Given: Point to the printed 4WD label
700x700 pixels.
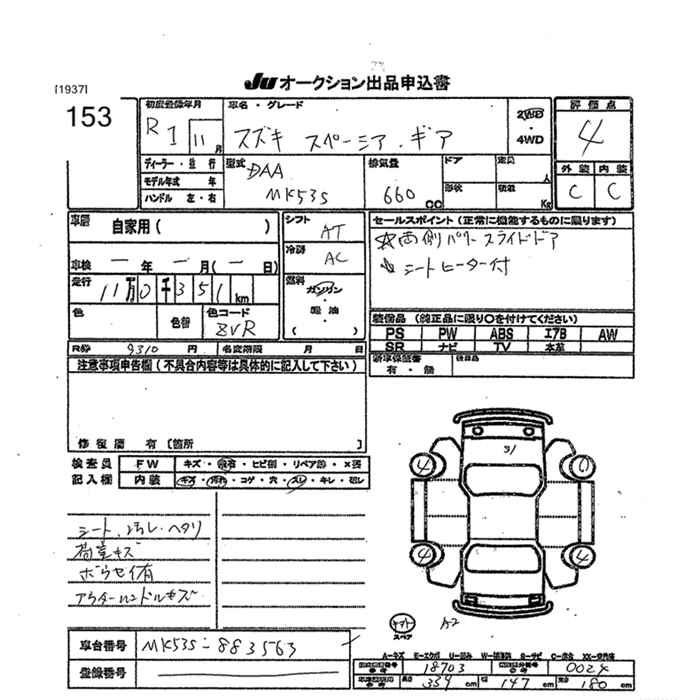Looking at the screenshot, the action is click(x=530, y=141).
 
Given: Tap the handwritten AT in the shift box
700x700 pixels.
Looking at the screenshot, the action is click(x=326, y=231).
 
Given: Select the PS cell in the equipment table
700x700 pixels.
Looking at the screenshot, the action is click(x=394, y=332).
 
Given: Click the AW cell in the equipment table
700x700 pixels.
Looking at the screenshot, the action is click(x=608, y=332).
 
